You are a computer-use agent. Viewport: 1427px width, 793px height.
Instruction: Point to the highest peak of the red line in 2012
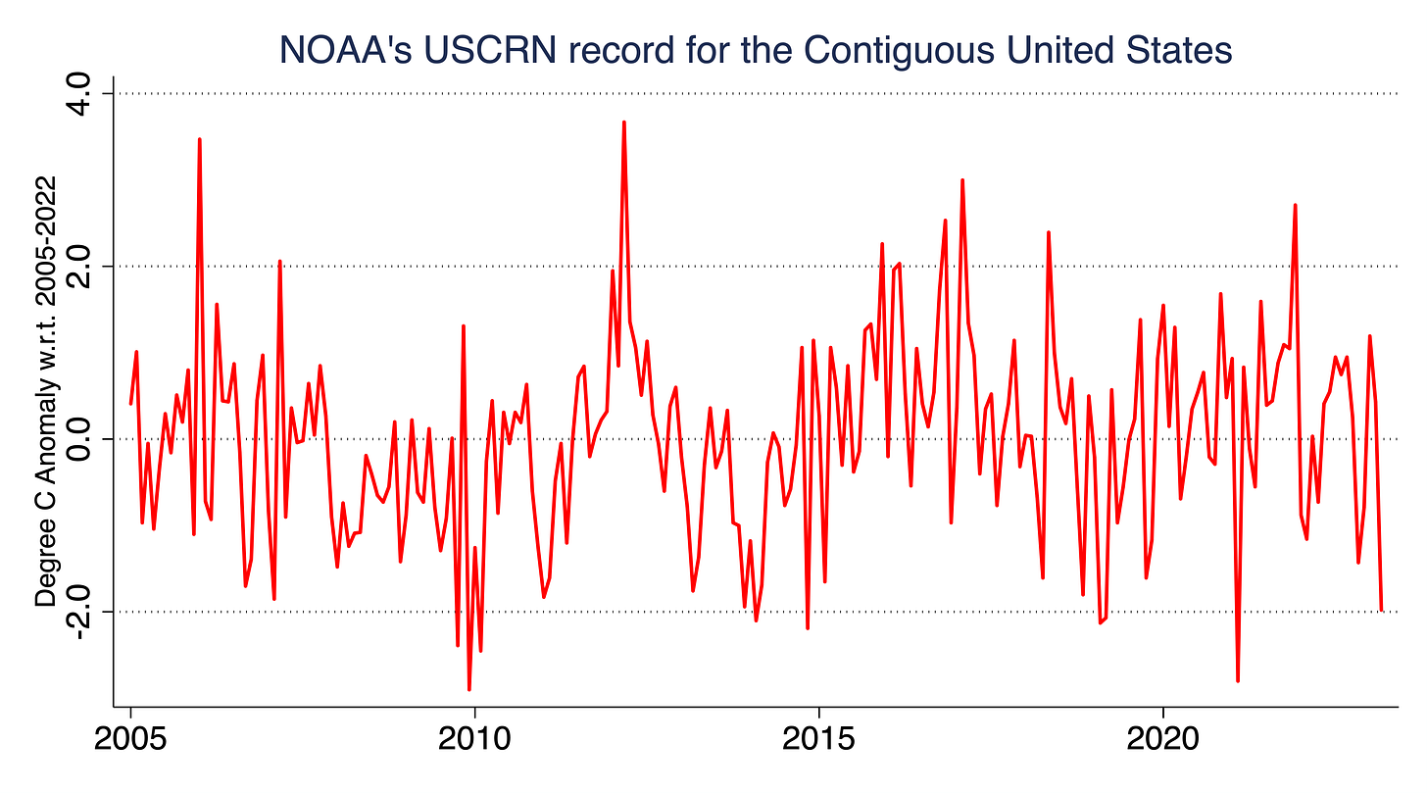click(x=623, y=123)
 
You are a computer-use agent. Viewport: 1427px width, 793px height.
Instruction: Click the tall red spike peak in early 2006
click(x=199, y=139)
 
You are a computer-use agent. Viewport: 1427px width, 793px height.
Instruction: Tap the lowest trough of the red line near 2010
click(x=468, y=689)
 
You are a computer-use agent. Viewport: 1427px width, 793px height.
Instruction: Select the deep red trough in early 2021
click(x=1238, y=680)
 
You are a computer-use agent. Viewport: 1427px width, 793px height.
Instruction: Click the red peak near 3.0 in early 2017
click(x=962, y=180)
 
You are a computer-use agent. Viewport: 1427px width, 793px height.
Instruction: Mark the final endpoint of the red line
click(x=1381, y=609)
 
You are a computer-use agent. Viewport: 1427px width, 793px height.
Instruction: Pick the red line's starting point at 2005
click(x=130, y=403)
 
